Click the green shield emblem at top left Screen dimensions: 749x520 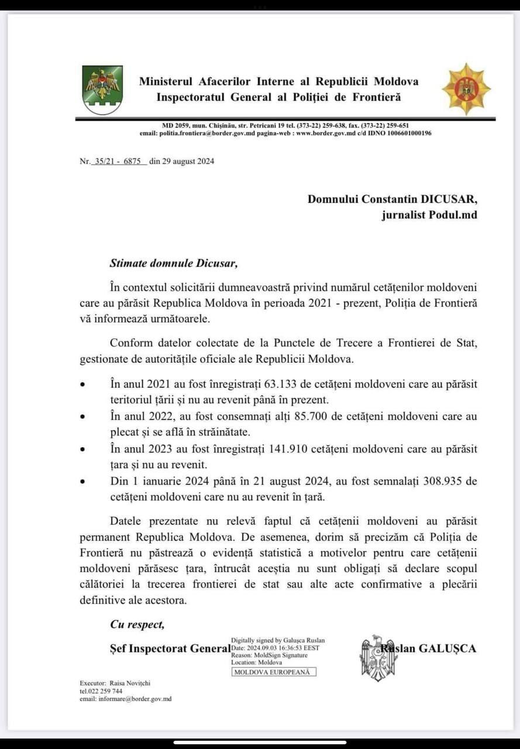(102, 90)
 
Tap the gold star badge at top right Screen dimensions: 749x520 (466, 89)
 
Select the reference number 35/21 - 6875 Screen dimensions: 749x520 (118, 162)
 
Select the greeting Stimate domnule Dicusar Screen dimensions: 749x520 (174, 263)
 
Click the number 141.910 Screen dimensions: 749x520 (290, 449)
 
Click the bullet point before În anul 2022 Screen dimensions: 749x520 (83, 417)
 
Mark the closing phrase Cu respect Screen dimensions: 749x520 (137, 624)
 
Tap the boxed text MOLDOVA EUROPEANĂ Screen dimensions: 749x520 (274, 672)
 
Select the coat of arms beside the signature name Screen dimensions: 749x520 (378, 658)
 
